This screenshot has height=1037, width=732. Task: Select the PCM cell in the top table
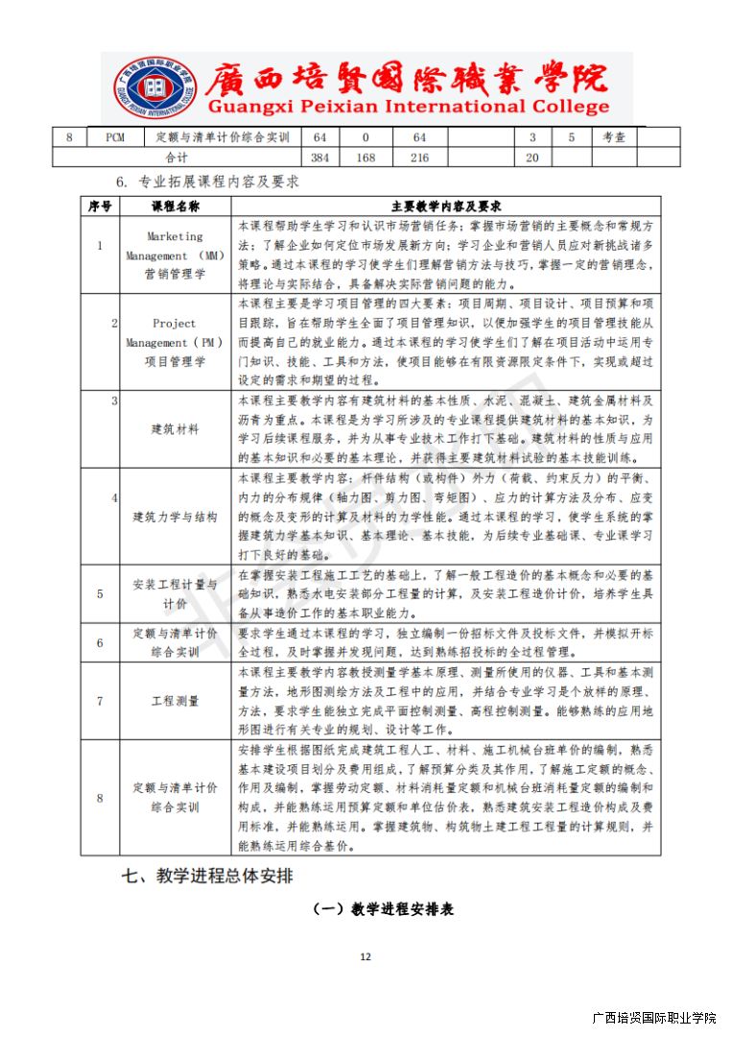point(115,137)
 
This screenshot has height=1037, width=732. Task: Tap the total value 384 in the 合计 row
point(320,157)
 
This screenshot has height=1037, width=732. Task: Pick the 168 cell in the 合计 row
point(366,157)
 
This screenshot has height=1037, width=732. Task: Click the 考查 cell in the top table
point(614,137)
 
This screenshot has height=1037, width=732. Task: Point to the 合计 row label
point(177,157)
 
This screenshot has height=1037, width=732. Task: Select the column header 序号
point(100,206)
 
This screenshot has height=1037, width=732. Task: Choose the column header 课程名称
point(176,206)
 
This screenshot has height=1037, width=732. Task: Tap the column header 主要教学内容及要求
point(446,206)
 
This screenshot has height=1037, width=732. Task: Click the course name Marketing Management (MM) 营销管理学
point(176,255)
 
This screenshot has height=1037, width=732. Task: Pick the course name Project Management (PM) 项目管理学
point(176,343)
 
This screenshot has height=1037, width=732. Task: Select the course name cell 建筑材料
point(176,429)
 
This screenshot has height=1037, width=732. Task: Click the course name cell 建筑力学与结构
point(176,517)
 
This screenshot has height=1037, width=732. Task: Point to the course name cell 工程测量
point(176,701)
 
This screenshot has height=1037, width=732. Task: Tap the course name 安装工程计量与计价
point(176,594)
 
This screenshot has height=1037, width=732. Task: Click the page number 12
point(365,956)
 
